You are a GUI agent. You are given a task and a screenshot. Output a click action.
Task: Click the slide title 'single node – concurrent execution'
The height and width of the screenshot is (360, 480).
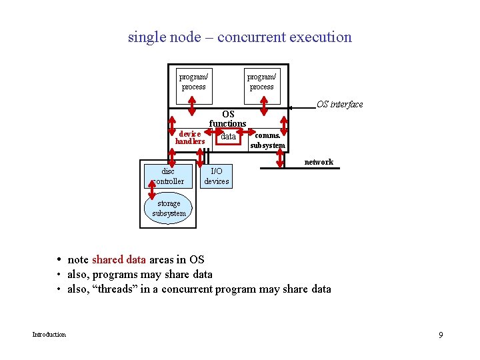pyautogui.click(x=239, y=37)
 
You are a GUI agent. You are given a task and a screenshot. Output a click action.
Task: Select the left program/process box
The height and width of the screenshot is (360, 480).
pyautogui.click(x=193, y=81)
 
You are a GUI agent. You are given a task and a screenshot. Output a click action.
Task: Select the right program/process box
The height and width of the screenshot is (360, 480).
pyautogui.click(x=261, y=81)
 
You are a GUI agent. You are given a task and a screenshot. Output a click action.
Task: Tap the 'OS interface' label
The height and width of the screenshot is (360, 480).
pyautogui.click(x=339, y=104)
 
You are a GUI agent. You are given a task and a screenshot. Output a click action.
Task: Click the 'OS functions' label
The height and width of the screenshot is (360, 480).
pyautogui.click(x=228, y=119)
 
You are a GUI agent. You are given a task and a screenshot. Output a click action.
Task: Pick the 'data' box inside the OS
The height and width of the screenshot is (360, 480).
pyautogui.click(x=228, y=136)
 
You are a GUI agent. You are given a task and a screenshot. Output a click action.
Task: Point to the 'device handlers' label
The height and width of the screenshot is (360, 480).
pyautogui.click(x=189, y=137)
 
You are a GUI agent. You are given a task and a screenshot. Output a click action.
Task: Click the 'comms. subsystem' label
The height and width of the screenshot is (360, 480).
pyautogui.click(x=267, y=140)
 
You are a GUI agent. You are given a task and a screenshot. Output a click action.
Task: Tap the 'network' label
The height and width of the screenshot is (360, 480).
pyautogui.click(x=319, y=162)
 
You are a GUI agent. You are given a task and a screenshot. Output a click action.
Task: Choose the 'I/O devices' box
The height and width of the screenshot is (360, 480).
pyautogui.click(x=217, y=176)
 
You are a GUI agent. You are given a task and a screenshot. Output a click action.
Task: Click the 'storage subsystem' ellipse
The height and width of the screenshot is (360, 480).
pyautogui.click(x=169, y=209)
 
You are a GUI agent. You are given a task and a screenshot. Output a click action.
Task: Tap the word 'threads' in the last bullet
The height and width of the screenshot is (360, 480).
pyautogui.click(x=107, y=289)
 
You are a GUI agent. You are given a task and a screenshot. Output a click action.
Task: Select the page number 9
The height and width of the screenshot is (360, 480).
pyautogui.click(x=441, y=334)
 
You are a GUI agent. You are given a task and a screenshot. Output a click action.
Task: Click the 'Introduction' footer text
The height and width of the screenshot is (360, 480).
pyautogui.click(x=49, y=334)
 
